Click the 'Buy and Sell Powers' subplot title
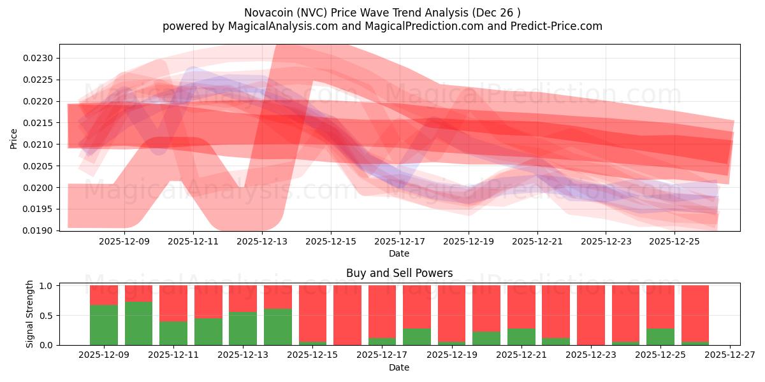(399, 273)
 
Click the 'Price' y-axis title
(14, 138)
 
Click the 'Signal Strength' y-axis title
(29, 315)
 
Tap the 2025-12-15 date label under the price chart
(330, 242)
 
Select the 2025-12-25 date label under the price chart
(674, 242)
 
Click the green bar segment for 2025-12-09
(104, 325)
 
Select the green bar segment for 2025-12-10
(138, 323)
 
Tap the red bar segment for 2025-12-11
(173, 303)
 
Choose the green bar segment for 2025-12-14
(278, 327)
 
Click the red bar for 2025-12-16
(347, 315)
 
